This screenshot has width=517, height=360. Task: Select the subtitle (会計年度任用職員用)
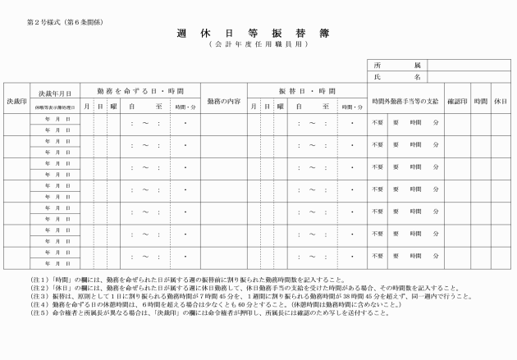point(256,48)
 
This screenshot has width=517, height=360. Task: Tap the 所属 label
point(396,65)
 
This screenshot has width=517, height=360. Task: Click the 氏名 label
point(396,76)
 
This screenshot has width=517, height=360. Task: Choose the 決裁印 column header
point(16,100)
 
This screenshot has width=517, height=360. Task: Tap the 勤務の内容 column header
point(223,100)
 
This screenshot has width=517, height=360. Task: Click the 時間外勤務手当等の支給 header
point(405,100)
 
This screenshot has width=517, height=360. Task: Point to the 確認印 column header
point(457,100)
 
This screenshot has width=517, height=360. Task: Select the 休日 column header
point(501,100)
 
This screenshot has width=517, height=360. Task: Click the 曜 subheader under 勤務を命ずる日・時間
point(113,107)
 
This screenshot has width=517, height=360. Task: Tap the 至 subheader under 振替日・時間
point(325,107)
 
